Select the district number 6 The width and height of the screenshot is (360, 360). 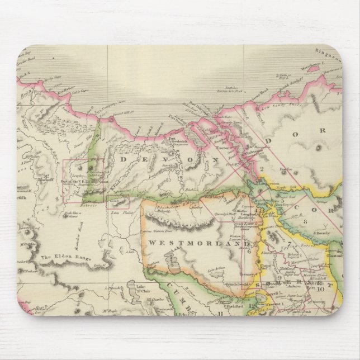click(x=248, y=251)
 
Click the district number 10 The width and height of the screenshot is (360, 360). click(x=320, y=289)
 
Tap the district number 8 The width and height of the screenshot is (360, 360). click(x=305, y=221)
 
